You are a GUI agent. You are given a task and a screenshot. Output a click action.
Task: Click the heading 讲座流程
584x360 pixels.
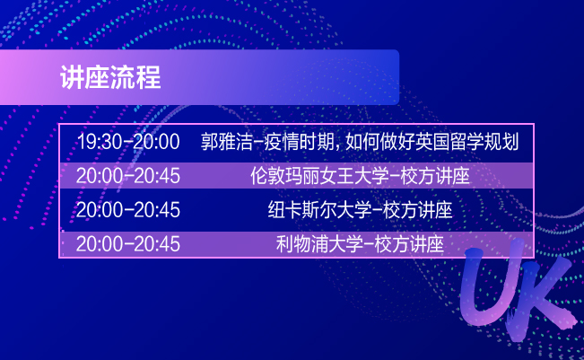point(110,77)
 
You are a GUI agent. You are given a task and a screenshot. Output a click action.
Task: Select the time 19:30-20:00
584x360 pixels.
point(128,142)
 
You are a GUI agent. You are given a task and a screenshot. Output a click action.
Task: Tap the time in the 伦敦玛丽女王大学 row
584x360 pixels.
point(128,176)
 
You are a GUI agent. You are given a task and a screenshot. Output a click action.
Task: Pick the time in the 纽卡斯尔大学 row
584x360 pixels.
point(128,209)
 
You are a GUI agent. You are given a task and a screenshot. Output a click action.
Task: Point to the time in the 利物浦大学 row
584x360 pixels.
point(128,244)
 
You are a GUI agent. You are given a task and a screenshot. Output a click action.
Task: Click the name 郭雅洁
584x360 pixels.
point(226,142)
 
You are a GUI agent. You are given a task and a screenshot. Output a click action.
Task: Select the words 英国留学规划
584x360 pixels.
point(466,142)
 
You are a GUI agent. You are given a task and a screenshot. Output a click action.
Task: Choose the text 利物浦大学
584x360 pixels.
point(319,244)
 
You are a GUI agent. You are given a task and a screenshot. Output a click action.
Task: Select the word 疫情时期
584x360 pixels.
point(299,142)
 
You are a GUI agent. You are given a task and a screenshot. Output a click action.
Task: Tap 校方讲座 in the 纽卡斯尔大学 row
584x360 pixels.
point(418,209)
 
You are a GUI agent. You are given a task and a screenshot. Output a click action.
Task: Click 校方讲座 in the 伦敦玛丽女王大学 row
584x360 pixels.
point(435,176)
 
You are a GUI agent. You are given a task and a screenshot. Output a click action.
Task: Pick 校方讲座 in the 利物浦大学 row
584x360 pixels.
point(409,244)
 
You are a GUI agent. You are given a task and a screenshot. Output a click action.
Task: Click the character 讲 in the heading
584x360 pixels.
point(73,77)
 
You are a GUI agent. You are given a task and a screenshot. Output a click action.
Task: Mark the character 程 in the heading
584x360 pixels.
point(149,77)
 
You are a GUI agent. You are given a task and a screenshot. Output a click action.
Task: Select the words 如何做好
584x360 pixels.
point(379,142)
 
